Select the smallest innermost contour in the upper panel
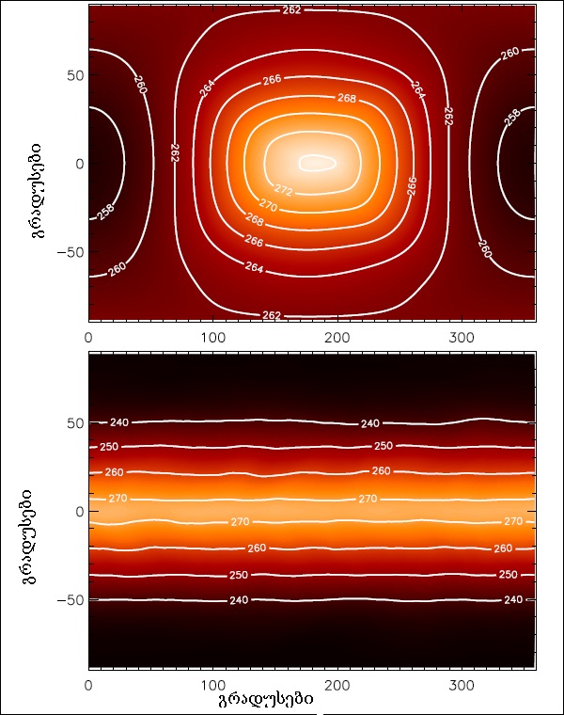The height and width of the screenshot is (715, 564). tap(317, 163)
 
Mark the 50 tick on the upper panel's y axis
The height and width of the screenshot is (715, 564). tap(70, 75)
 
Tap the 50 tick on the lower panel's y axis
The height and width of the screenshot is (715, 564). tap(70, 423)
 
